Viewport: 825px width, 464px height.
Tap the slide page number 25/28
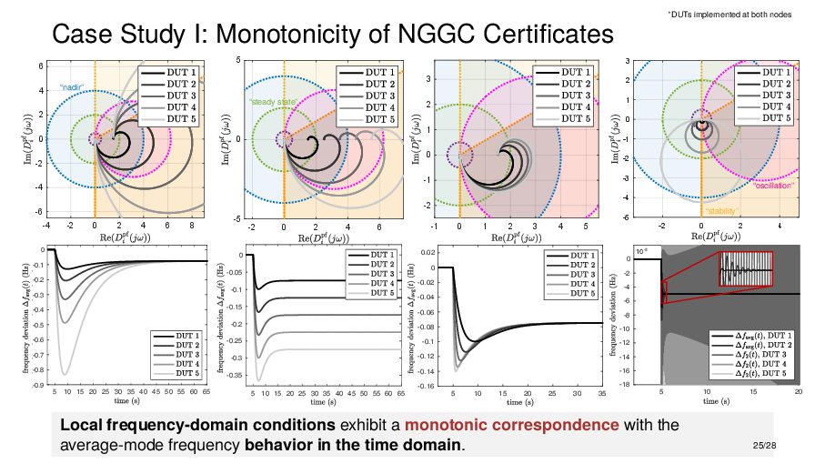pyautogui.click(x=766, y=445)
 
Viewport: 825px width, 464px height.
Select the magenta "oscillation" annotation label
pyautogui.click(x=774, y=186)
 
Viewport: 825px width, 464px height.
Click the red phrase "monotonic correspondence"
pyautogui.click(x=512, y=425)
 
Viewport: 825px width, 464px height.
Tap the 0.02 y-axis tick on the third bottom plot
pyautogui.click(x=425, y=250)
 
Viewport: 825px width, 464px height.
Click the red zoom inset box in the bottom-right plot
pyautogui.click(x=745, y=269)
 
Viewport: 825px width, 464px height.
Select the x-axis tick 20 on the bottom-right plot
pyautogui.click(x=799, y=392)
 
